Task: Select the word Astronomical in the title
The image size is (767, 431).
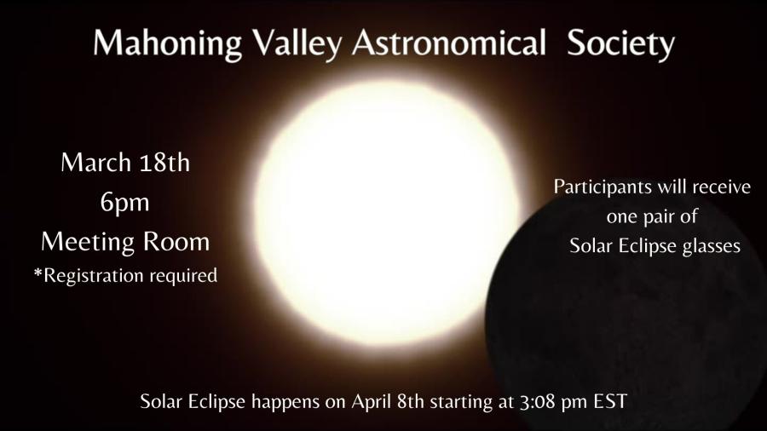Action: click(448, 43)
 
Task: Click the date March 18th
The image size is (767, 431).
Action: click(125, 162)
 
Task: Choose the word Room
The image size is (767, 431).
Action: click(176, 242)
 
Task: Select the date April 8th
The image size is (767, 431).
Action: click(388, 401)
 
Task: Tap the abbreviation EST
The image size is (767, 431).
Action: click(610, 402)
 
